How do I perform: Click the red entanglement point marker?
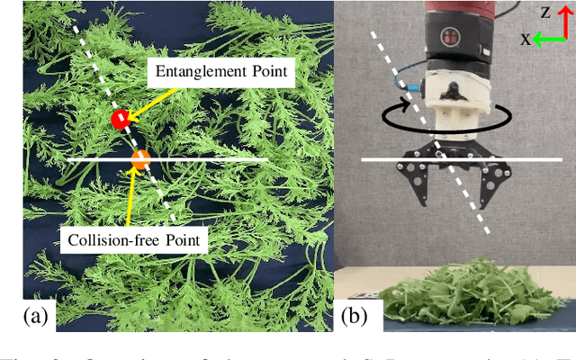pos(119,119)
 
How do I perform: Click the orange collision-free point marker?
pos(140,160)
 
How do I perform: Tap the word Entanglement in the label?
pos(193,71)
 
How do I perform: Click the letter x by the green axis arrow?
pos(526,39)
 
